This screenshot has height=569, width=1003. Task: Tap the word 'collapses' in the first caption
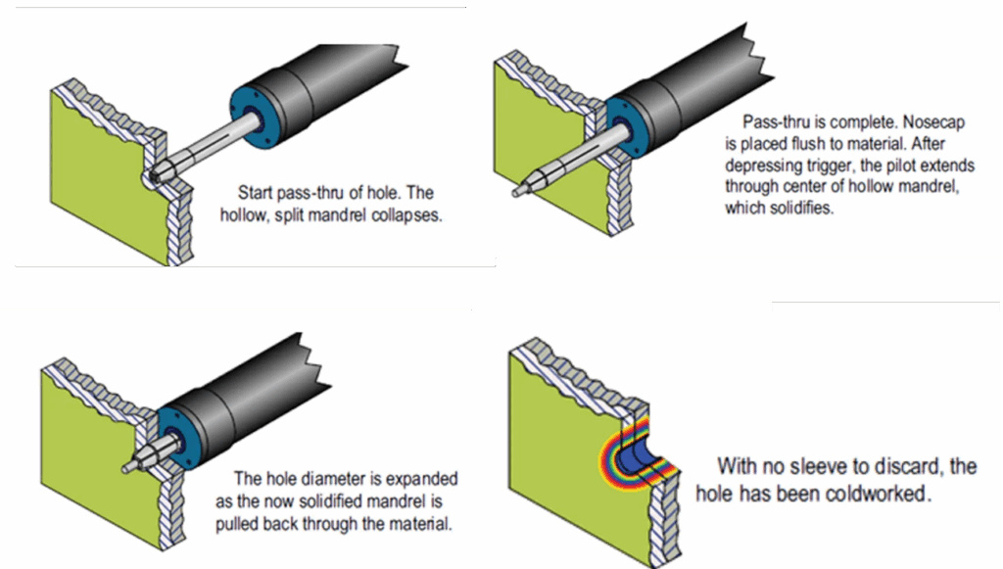click(408, 216)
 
